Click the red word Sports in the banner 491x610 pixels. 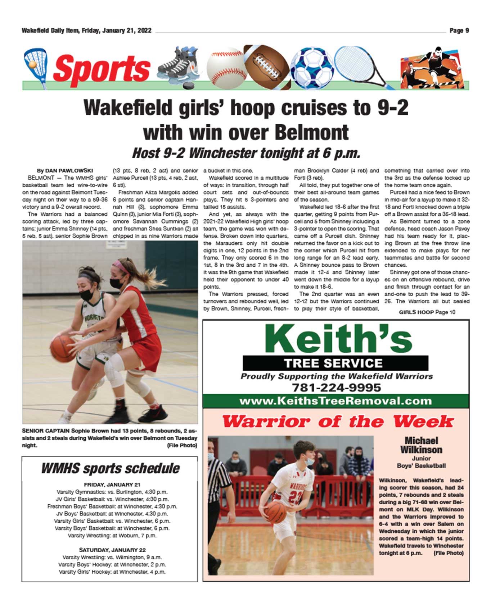102,69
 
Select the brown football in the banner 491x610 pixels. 266,67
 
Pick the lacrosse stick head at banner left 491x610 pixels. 35,63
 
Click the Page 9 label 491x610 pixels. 459,31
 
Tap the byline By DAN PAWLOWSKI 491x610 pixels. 65,171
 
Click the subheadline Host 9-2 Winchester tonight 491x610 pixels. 246,153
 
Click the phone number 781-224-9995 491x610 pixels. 336,387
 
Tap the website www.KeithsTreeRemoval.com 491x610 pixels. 335,401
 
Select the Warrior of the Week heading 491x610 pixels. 338,421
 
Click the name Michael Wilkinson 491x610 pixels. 421,445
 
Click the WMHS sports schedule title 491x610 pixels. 110,469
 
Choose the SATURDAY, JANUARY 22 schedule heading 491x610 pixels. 112,550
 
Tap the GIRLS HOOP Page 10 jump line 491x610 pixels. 427,312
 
